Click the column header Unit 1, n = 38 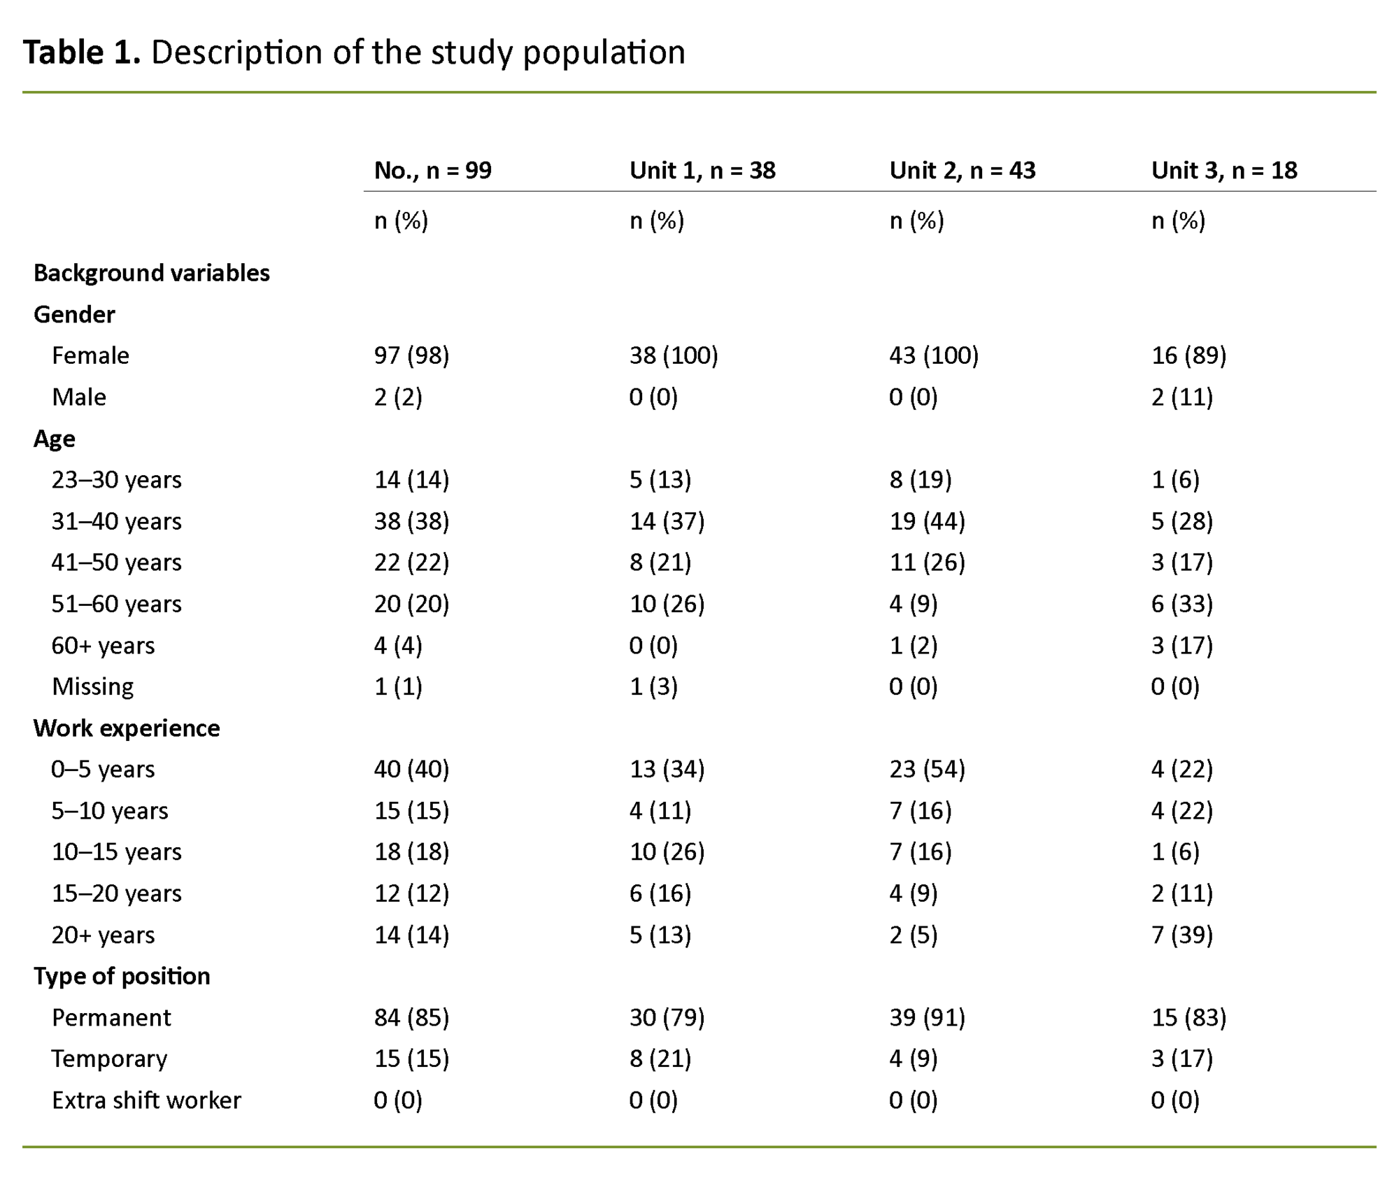click(702, 170)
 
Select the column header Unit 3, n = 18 click(1224, 170)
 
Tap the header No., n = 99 click(432, 170)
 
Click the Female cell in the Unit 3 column click(1188, 355)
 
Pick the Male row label click(79, 397)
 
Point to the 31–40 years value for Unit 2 click(927, 521)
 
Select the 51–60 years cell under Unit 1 click(667, 604)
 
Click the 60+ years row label click(103, 645)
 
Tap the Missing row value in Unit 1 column click(653, 686)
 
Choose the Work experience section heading click(127, 728)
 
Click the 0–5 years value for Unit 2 click(927, 769)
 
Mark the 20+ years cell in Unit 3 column click(1181, 935)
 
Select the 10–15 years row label click(116, 851)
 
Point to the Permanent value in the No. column click(411, 1017)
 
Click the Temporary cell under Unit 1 click(660, 1059)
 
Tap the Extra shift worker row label click(146, 1100)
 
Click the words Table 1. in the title click(82, 52)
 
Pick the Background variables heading click(151, 273)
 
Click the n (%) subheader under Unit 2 click(916, 221)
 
